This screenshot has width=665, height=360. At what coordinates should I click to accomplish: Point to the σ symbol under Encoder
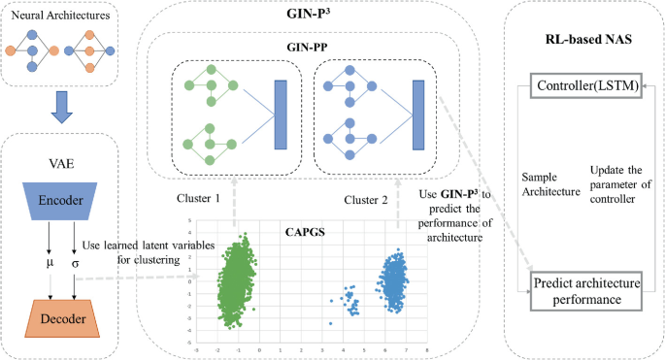(x=77, y=263)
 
